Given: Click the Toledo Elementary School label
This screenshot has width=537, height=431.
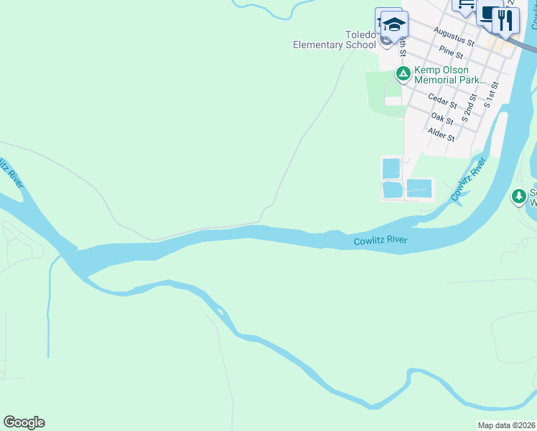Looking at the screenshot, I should click(x=335, y=40).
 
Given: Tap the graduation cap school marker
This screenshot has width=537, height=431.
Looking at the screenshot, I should click(x=394, y=24).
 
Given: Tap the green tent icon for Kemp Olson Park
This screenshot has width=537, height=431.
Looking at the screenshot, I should click(x=403, y=73).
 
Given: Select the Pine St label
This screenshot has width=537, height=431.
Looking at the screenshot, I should click(x=451, y=52).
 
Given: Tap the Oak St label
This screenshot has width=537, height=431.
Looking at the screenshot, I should click(x=442, y=117).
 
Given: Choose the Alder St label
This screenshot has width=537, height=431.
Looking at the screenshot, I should click(x=440, y=134).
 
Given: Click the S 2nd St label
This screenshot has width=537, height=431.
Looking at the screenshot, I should click(x=469, y=107).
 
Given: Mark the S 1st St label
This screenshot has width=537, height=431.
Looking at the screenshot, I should click(x=491, y=94).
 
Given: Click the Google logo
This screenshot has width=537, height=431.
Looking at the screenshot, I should click(x=24, y=422).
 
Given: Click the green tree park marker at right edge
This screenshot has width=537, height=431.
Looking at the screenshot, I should click(x=519, y=195).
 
